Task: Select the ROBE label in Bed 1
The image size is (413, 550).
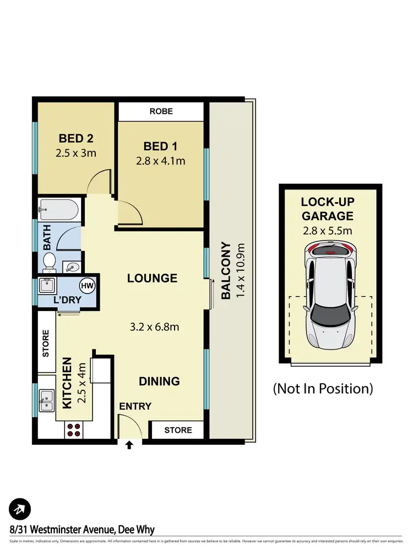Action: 161,111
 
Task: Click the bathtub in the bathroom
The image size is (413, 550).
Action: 58,210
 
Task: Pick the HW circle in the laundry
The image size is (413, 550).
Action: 86,286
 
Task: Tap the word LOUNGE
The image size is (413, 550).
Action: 152,278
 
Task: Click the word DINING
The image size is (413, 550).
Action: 159,381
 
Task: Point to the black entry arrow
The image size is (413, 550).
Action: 129,444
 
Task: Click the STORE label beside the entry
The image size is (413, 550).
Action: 178,429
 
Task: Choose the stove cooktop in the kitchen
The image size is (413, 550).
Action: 73,429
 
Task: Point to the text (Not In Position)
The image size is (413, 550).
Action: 323,389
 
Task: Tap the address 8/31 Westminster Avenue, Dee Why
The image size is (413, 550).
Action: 82,530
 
